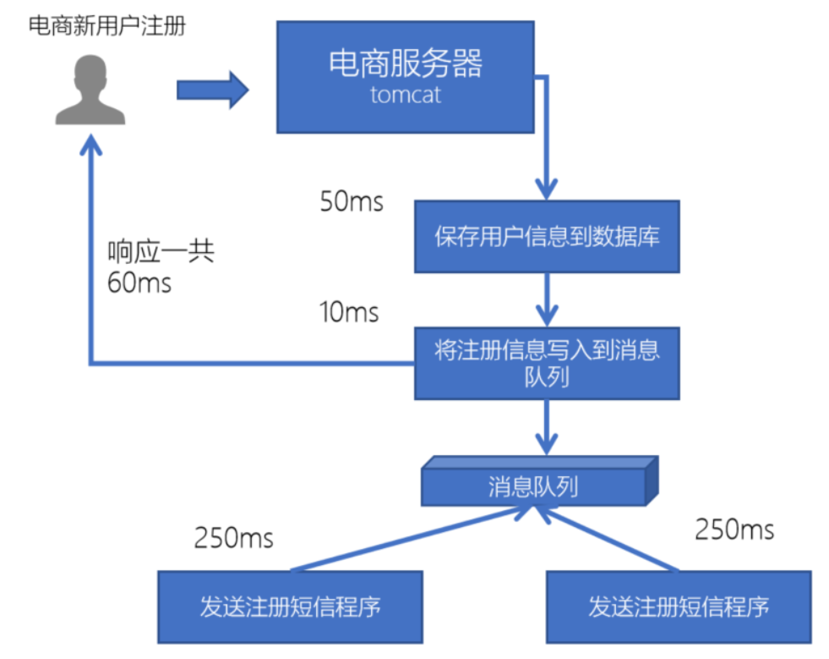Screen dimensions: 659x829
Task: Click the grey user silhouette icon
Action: click(90, 91)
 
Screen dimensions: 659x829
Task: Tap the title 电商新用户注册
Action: click(106, 26)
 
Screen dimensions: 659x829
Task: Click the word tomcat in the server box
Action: click(406, 94)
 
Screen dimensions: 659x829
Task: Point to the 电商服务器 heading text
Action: click(406, 64)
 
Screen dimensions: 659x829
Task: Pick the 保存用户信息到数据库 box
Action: click(547, 236)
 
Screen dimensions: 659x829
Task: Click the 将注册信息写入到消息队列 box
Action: click(547, 363)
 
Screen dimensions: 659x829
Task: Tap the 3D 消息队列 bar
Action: click(538, 486)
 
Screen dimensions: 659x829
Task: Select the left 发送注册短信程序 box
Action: click(290, 607)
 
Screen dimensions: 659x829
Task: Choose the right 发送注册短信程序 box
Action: click(679, 607)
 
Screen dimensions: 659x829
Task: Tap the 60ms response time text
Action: click(139, 283)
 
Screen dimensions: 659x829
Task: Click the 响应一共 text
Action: click(161, 253)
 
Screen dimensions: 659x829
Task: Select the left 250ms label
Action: click(234, 537)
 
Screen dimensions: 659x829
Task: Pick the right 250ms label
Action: click(734, 530)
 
